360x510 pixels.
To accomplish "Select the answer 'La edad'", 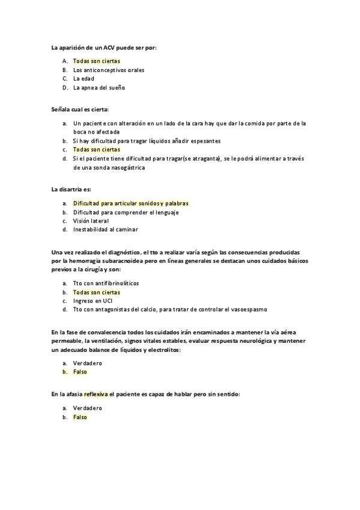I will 84,78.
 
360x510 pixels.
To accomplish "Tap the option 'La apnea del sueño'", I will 99,87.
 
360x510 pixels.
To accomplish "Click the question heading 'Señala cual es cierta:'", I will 76,109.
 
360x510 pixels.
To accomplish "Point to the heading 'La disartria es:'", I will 71,189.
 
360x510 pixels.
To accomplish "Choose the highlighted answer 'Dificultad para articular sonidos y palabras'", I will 131,203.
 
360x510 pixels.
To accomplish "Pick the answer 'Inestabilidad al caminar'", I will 106,229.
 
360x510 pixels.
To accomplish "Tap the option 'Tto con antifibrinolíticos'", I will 106,283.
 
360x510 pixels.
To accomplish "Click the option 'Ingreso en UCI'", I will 94,301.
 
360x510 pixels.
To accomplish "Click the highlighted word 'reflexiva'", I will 96,394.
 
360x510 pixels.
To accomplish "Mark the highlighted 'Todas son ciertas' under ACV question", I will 97,61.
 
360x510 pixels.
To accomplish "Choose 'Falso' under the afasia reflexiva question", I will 81,417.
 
